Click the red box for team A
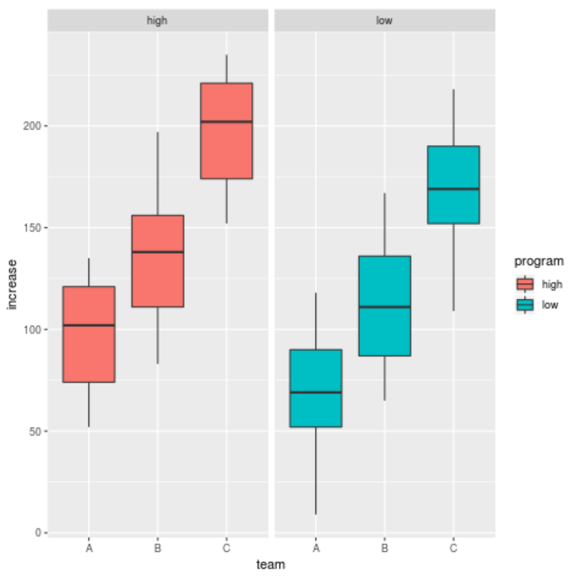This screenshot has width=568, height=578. click(89, 334)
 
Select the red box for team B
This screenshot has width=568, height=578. click(158, 261)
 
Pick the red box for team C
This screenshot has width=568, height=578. click(226, 131)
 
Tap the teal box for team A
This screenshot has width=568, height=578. click(316, 388)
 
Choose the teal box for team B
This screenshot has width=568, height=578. click(384, 306)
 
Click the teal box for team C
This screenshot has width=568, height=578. click(453, 184)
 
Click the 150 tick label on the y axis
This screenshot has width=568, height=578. click(34, 228)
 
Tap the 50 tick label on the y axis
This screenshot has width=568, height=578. click(36, 431)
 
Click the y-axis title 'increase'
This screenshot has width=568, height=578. click(12, 284)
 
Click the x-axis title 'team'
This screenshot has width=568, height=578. click(271, 564)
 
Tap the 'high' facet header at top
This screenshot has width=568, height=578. click(157, 21)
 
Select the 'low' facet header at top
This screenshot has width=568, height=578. click(384, 21)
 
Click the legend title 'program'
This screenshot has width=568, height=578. click(539, 261)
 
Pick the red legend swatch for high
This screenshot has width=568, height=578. click(525, 284)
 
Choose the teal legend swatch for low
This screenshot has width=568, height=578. click(525, 305)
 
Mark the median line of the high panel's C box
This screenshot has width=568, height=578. click(226, 122)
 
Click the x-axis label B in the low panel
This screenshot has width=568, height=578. click(384, 548)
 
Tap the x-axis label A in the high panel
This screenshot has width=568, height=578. click(89, 548)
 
